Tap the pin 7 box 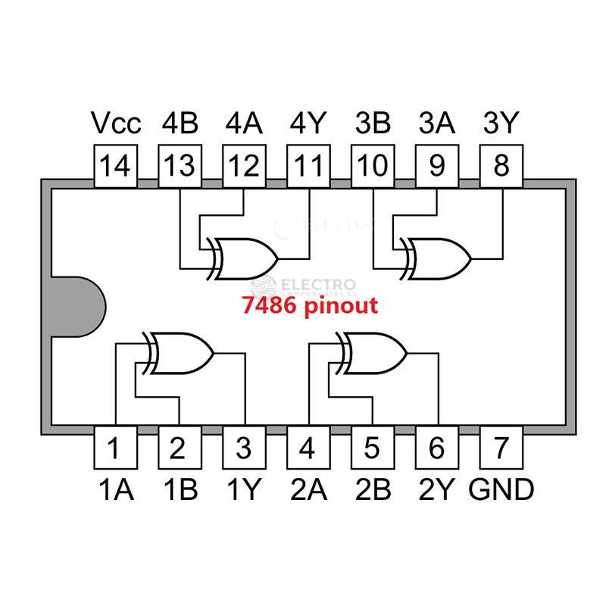(501, 448)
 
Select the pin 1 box (114, 448)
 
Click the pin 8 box (501, 167)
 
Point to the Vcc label (115, 123)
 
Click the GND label (501, 490)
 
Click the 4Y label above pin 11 (308, 123)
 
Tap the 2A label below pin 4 (308, 490)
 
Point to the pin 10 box (373, 167)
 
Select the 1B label (180, 490)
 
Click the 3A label (437, 123)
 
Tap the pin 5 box (373, 448)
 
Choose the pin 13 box (180, 167)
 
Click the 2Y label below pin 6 (437, 490)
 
